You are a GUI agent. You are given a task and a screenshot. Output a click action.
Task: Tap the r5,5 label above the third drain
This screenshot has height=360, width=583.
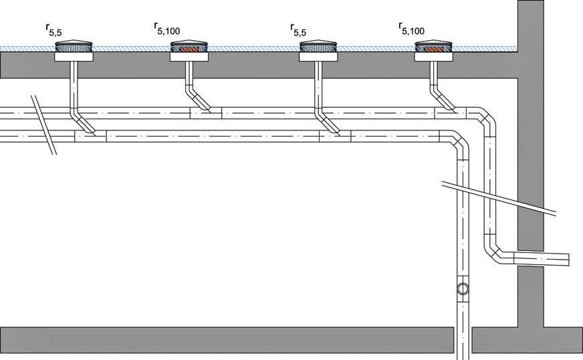pos(303,29)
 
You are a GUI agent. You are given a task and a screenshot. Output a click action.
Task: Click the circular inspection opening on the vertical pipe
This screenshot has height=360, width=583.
pos(463,289)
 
